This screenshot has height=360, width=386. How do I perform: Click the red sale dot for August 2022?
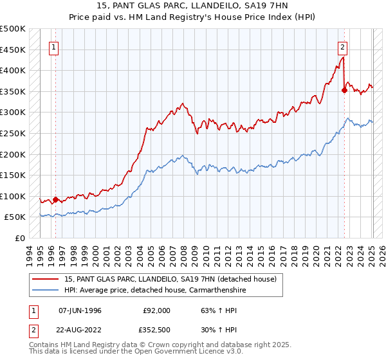pos(344,91)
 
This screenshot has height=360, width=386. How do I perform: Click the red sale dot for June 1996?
pos(55,199)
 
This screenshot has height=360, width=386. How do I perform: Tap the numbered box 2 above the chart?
pos(343,46)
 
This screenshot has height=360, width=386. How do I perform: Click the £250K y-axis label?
pos(13,133)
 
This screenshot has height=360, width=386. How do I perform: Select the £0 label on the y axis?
pos(21,238)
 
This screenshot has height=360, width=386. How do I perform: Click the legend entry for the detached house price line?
pos(170,279)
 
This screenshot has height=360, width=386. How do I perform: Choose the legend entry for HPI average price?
pos(154,291)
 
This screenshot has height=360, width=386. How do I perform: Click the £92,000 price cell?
pos(156,310)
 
